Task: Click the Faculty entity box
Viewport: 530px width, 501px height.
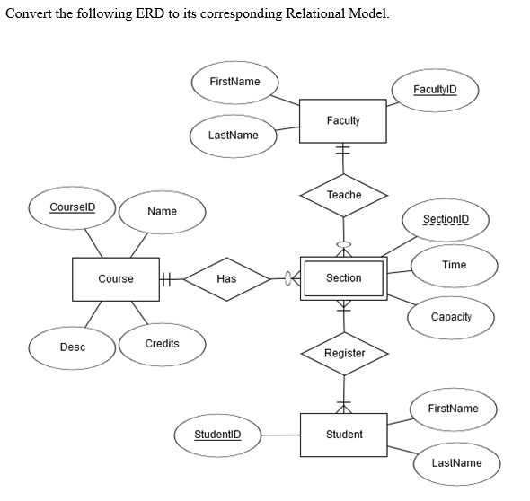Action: coord(343,120)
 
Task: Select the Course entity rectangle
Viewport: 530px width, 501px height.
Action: coord(116,279)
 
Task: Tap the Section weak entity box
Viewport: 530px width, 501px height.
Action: coord(343,278)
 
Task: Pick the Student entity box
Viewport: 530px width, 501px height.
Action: coord(343,435)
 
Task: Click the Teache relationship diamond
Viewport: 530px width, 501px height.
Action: coord(343,195)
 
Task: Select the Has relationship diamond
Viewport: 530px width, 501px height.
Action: coord(226,279)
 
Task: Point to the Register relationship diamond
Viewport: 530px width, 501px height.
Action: coord(344,353)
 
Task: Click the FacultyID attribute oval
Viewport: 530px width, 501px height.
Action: coord(435,90)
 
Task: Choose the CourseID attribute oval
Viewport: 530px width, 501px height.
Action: coord(72,207)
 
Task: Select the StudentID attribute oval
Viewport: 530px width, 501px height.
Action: coord(217,435)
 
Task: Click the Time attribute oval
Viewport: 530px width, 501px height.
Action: coord(454,265)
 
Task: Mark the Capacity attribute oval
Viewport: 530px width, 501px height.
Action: coord(450,317)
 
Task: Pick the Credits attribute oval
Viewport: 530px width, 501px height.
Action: coord(162,344)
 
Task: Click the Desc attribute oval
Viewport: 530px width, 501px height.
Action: coord(72,347)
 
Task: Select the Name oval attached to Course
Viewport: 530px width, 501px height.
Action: coord(162,212)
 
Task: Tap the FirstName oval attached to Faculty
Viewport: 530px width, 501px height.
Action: coord(234,82)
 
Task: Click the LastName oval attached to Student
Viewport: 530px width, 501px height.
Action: coord(456,463)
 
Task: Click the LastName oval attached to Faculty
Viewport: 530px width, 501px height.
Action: coord(233,136)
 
